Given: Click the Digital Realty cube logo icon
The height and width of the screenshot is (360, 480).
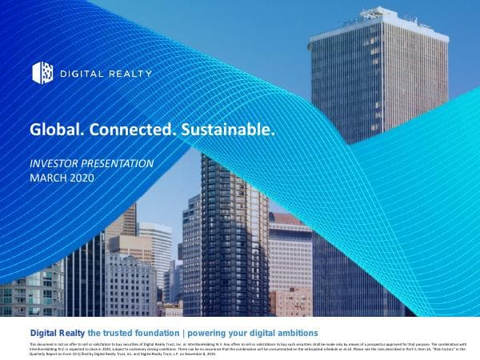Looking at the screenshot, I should tap(42, 73).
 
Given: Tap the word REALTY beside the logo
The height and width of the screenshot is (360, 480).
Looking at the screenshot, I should tap(129, 74).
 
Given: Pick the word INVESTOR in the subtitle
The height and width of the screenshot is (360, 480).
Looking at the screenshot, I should tap(54, 163).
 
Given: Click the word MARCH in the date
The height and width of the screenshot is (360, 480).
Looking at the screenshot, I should tap(47, 178).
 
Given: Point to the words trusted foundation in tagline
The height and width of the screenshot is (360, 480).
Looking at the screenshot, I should tap(141, 332).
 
